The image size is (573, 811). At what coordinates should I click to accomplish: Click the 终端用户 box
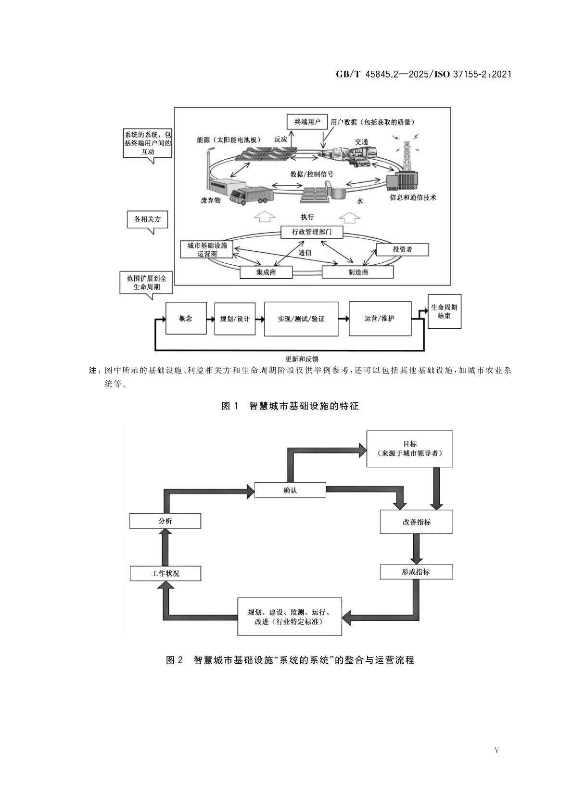(x=307, y=121)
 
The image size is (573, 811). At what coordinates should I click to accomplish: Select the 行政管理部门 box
(x=312, y=232)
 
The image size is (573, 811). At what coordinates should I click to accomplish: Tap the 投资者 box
(x=402, y=249)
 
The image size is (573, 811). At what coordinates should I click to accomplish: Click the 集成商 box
(x=266, y=272)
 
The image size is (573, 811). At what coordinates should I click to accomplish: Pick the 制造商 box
(x=357, y=272)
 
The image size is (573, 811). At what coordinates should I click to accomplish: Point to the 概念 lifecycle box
(x=186, y=318)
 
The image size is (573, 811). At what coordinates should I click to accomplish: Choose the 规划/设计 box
(x=234, y=318)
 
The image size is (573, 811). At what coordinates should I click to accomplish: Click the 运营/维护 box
(x=380, y=318)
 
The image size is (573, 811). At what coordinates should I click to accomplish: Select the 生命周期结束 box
(x=444, y=311)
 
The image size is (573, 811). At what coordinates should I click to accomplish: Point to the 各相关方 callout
(x=148, y=220)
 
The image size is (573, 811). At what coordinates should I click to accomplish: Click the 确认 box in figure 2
(x=290, y=490)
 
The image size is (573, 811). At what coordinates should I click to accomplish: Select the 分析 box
(x=165, y=521)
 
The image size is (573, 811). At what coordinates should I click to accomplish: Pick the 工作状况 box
(x=165, y=573)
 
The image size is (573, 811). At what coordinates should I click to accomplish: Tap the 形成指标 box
(x=416, y=572)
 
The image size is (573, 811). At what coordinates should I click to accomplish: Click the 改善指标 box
(x=416, y=522)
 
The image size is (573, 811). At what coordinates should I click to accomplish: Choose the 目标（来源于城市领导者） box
(x=409, y=449)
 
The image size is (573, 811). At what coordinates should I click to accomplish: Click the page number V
(x=497, y=750)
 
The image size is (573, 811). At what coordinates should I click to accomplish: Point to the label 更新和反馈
(x=302, y=359)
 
